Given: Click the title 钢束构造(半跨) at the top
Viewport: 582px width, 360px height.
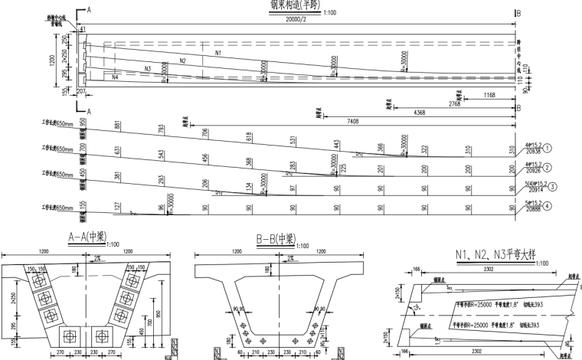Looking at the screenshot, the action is coord(296,4).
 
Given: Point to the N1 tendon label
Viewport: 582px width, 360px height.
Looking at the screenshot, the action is coord(217,53).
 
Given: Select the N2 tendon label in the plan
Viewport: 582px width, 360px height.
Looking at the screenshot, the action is coord(182,61).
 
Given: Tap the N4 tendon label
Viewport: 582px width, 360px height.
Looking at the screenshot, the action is coord(115,77).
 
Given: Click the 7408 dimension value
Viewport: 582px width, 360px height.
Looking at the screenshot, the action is coord(352,120).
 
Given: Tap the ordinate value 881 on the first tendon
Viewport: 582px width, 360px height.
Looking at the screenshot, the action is coord(117,126).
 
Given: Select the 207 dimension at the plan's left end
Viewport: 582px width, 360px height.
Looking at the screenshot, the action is coord(82,92).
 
